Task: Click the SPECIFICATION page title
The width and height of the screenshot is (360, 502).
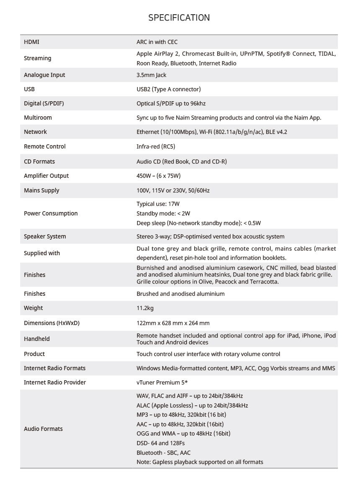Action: [179, 18]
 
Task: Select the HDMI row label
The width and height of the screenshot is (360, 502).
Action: [31, 42]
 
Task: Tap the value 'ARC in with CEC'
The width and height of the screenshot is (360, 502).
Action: [157, 42]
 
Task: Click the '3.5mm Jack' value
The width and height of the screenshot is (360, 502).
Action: [151, 75]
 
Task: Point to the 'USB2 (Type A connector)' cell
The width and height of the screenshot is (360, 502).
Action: [168, 89]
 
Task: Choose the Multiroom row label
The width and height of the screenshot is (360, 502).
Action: [38, 118]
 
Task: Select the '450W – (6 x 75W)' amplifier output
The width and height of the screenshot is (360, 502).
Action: [158, 176]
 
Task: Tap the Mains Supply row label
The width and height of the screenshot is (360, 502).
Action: [41, 190]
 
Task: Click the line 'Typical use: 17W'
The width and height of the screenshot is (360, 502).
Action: [158, 204]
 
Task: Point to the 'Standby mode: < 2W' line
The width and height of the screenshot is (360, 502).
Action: [163, 213]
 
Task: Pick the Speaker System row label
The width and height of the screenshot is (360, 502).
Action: [45, 236]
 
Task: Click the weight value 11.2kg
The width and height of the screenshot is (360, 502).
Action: [145, 308]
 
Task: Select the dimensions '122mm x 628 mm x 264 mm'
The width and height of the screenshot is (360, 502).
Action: [173, 323]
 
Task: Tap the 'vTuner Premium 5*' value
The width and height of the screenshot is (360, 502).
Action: [162, 382]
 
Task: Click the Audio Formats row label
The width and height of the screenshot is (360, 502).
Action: [43, 429]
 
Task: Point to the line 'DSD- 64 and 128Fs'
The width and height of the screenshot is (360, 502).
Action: [160, 443]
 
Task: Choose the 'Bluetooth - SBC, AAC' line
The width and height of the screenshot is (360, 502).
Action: [163, 453]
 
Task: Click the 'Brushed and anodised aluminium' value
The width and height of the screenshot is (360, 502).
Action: [180, 294]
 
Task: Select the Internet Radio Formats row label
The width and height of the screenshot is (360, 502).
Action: [54, 368]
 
